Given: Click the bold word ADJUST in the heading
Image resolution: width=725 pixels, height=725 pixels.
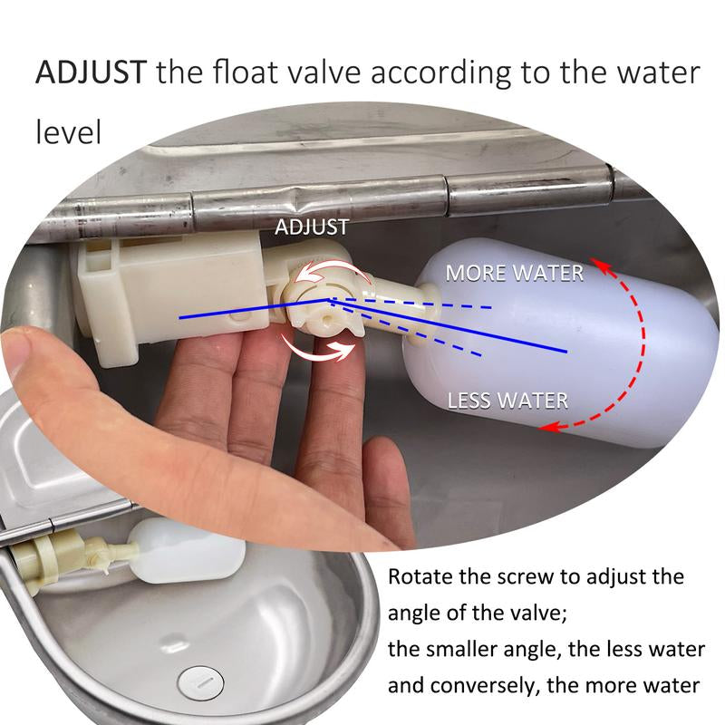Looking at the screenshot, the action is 92,72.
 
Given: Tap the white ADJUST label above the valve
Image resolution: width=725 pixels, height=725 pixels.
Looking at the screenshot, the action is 312,227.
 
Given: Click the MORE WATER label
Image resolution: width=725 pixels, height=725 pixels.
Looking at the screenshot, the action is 515,274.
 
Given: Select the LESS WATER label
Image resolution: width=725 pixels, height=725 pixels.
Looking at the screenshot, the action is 507,401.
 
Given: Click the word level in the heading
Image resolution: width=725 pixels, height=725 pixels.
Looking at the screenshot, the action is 69,131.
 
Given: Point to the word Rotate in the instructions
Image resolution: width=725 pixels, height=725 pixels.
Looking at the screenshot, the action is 420,576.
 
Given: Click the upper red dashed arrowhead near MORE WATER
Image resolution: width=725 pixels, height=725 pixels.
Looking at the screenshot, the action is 601,265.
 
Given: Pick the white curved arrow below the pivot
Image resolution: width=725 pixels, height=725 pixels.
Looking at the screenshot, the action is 319,350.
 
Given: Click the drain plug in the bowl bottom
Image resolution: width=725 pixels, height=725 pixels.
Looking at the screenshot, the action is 200,682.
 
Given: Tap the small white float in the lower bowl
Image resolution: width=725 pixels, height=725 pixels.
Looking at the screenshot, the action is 188,551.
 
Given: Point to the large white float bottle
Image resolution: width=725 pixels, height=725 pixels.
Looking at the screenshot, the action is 561,343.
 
